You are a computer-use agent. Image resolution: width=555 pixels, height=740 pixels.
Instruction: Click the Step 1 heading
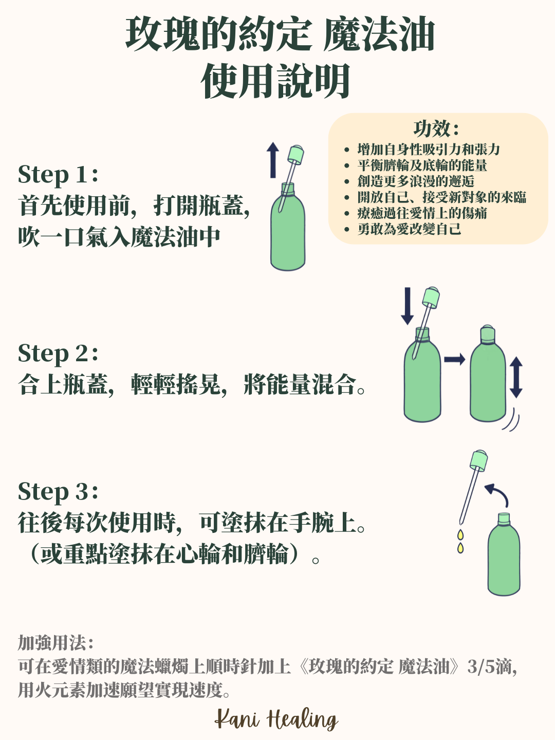click(58, 175)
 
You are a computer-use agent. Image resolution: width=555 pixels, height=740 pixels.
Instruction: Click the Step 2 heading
click(58, 354)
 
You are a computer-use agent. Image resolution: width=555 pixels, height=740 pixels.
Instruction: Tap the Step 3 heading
click(58, 492)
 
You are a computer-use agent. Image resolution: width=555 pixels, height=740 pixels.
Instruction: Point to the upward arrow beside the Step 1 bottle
click(273, 160)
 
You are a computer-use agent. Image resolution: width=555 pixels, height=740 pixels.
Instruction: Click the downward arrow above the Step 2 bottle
click(408, 306)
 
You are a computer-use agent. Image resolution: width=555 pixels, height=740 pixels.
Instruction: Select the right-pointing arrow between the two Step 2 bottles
click(455, 359)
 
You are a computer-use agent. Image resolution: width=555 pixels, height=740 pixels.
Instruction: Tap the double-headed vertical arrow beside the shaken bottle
click(516, 378)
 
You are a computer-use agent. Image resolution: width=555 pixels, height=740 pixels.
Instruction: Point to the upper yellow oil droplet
click(460, 534)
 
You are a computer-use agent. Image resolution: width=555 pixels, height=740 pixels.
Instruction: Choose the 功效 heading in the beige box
click(436, 129)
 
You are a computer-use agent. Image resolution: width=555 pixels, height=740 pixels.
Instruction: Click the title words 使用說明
click(275, 81)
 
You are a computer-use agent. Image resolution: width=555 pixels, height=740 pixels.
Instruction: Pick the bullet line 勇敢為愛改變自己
click(409, 229)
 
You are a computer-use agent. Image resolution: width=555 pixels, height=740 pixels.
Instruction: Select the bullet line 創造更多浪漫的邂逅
click(416, 181)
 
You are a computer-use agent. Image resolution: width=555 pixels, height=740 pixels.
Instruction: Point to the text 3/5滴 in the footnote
click(492, 667)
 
